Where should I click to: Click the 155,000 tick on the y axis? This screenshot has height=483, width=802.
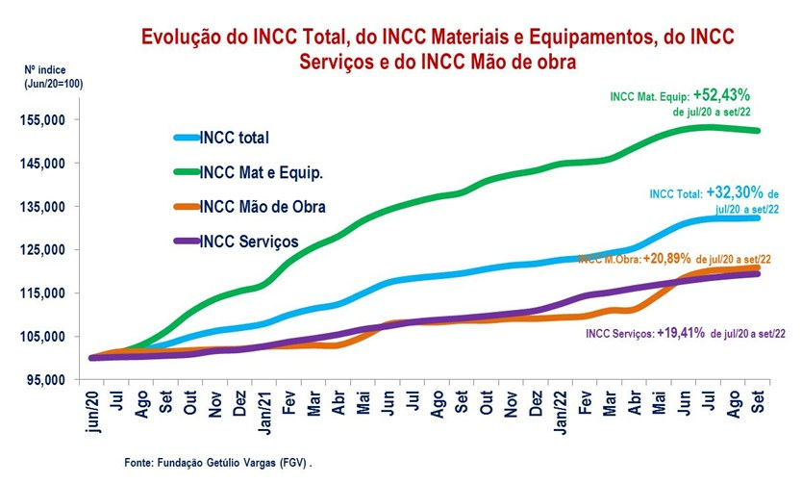(41, 120)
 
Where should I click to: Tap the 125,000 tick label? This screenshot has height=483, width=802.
(41, 250)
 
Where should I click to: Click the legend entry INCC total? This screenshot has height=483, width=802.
(236, 138)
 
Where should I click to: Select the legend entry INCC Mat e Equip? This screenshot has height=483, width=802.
(261, 172)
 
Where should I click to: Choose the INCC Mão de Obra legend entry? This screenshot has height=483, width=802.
(263, 207)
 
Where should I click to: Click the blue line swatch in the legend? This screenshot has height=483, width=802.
(185, 138)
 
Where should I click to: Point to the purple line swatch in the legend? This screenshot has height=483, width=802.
(185, 241)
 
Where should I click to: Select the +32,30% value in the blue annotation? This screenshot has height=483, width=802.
(738, 191)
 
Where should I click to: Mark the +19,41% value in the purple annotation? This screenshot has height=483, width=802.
(684, 332)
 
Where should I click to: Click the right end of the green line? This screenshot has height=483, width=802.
(759, 131)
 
